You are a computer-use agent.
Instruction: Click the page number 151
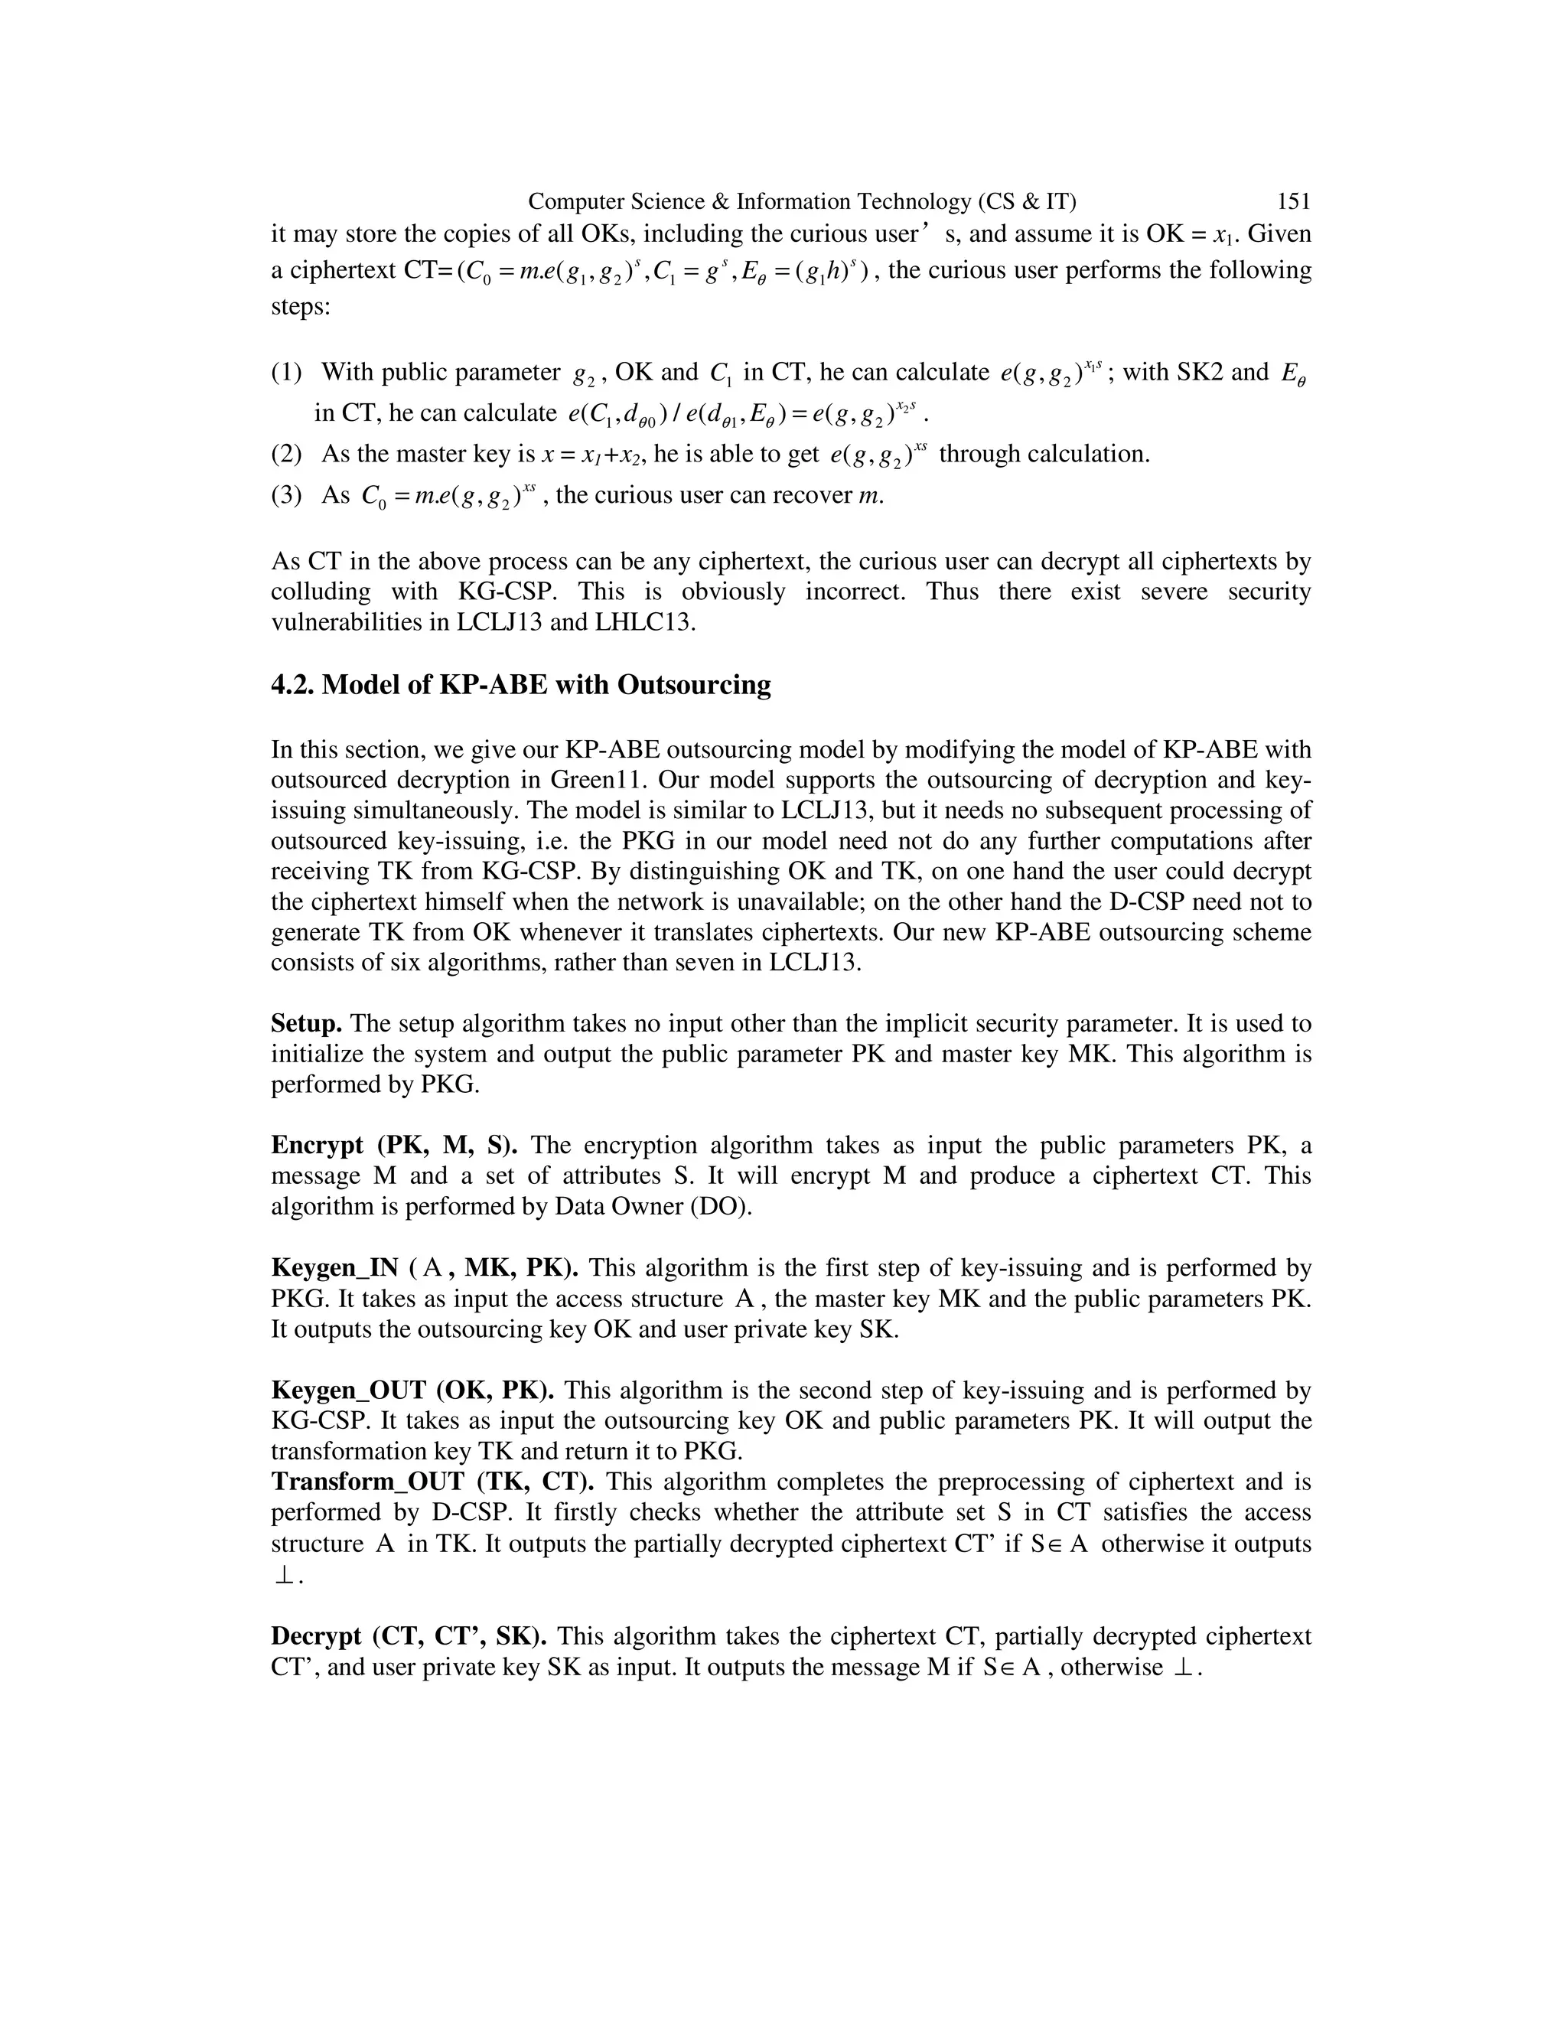click(x=1293, y=201)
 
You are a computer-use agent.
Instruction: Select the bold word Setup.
click(x=306, y=1023)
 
